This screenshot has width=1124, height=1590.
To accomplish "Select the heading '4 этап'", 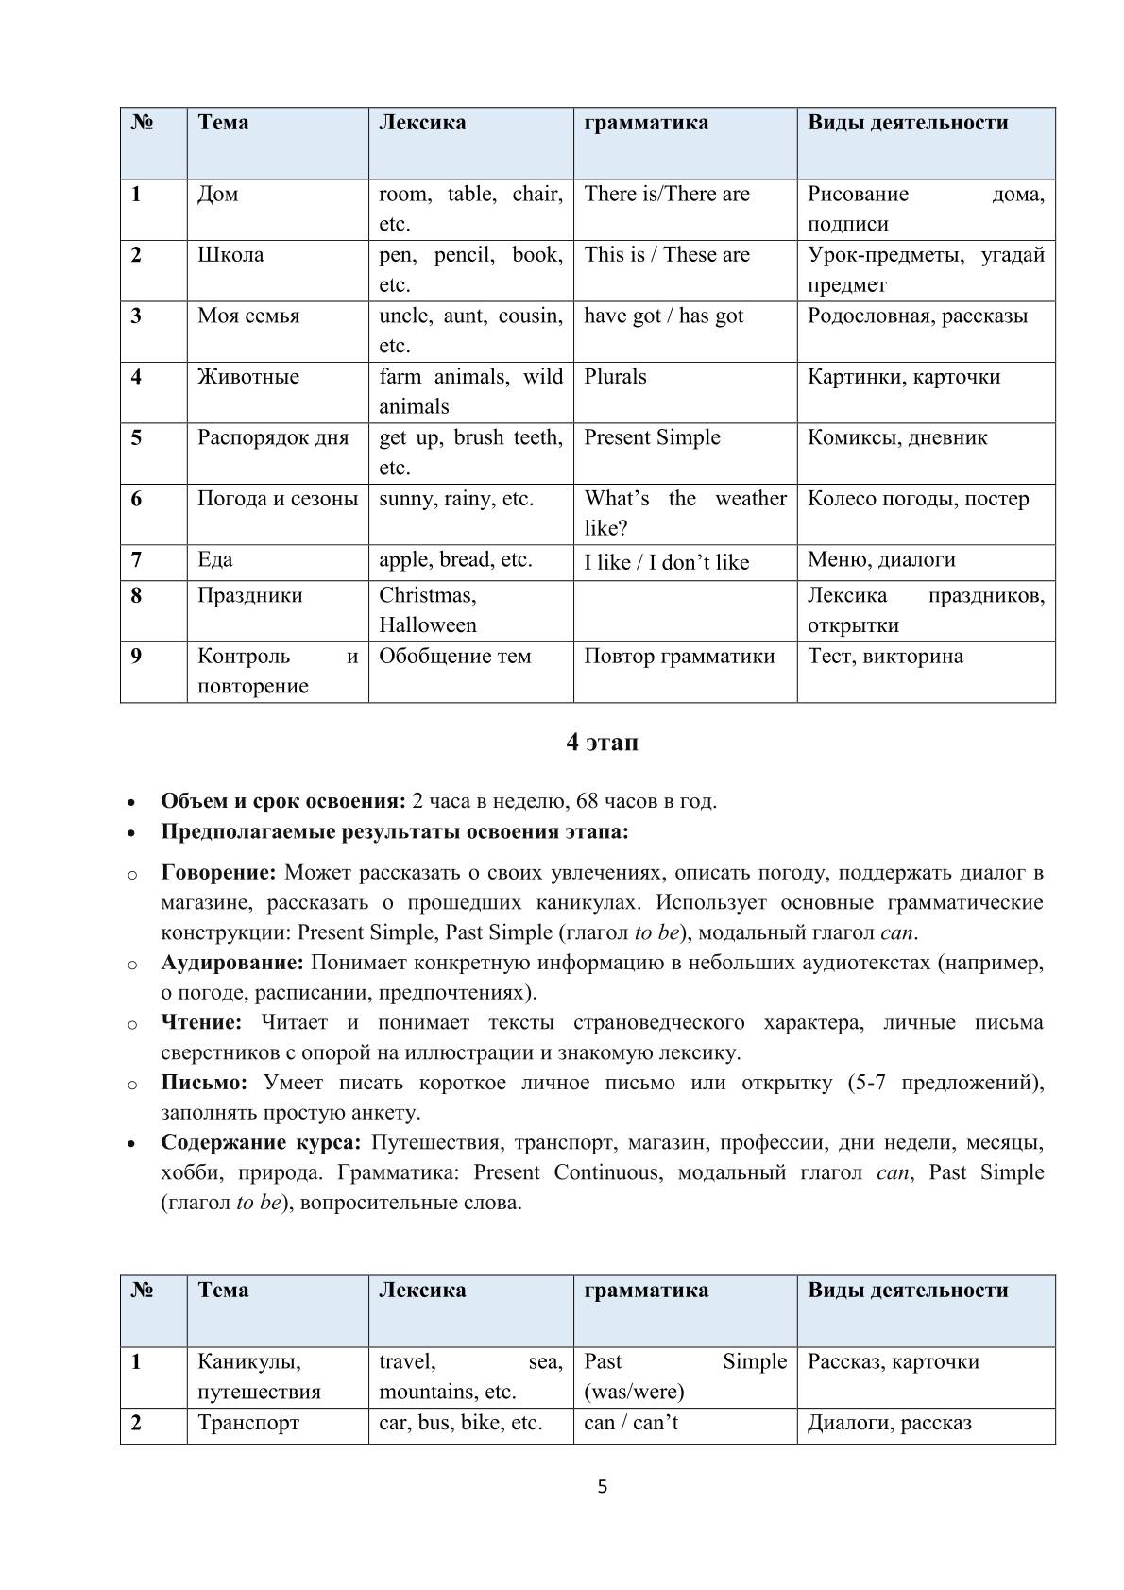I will click(602, 743).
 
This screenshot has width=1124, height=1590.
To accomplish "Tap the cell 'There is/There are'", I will click(667, 195).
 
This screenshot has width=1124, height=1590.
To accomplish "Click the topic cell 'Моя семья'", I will click(248, 316).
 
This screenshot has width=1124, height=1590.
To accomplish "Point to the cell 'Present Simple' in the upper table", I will click(652, 437).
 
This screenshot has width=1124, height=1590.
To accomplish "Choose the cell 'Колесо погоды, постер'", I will click(918, 499).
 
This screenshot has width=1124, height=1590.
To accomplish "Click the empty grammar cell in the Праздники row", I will click(684, 610).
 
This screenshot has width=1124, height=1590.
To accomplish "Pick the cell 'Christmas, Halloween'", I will click(428, 610).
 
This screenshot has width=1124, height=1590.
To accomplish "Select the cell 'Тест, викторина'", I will click(885, 657).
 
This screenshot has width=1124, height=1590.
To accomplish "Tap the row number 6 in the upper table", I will click(137, 499).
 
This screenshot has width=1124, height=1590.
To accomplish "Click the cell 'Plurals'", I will click(616, 377).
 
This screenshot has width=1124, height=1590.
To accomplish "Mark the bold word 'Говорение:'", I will click(218, 872).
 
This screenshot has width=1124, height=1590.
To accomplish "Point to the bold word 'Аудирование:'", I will click(232, 963).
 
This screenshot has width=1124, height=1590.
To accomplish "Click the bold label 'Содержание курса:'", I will click(261, 1142).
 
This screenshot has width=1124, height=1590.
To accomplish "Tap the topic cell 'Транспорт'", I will click(248, 1423).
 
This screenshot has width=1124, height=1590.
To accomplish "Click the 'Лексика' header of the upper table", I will click(422, 123).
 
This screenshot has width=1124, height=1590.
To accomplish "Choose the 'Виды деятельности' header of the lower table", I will click(908, 1291).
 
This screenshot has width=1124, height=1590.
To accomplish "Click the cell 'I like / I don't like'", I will click(667, 563).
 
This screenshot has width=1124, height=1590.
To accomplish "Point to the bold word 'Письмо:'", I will click(204, 1083).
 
